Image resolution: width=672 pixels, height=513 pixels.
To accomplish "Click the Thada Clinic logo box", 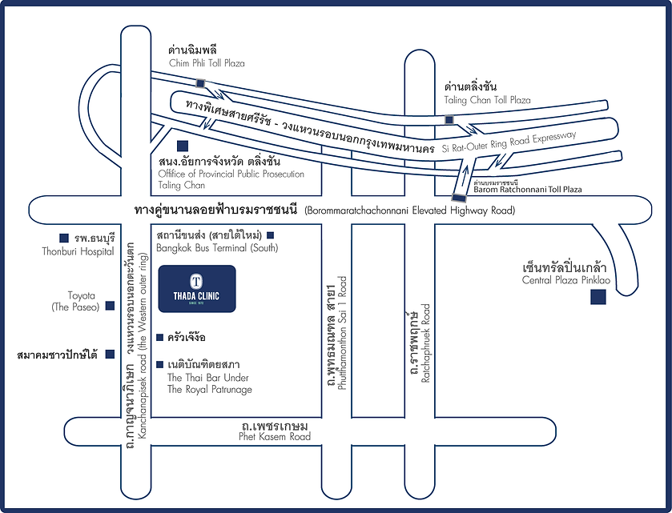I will pos(197,289).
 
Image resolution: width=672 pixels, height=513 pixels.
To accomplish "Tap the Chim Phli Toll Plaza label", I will pos(207,62).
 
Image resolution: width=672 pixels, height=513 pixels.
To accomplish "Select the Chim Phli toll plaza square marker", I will pos(201,83).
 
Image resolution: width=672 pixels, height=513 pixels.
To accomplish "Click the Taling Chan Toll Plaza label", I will pos(487,100).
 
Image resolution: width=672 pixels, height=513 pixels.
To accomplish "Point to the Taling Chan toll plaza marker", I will pos(449,120).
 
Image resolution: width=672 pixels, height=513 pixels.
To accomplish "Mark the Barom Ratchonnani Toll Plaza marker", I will pos(457,197).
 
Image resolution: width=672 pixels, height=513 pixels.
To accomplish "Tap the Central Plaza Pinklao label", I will pos(563,280).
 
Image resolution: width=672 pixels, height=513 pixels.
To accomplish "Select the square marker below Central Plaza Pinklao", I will pos(597,299).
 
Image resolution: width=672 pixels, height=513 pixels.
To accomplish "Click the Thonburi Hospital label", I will pos(78,250).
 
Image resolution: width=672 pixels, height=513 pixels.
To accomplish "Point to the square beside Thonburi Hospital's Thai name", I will pos(63,238).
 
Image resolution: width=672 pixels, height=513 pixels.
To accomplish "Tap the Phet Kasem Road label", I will pos(275,437).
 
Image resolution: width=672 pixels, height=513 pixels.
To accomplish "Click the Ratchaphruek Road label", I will pos(427,343).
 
